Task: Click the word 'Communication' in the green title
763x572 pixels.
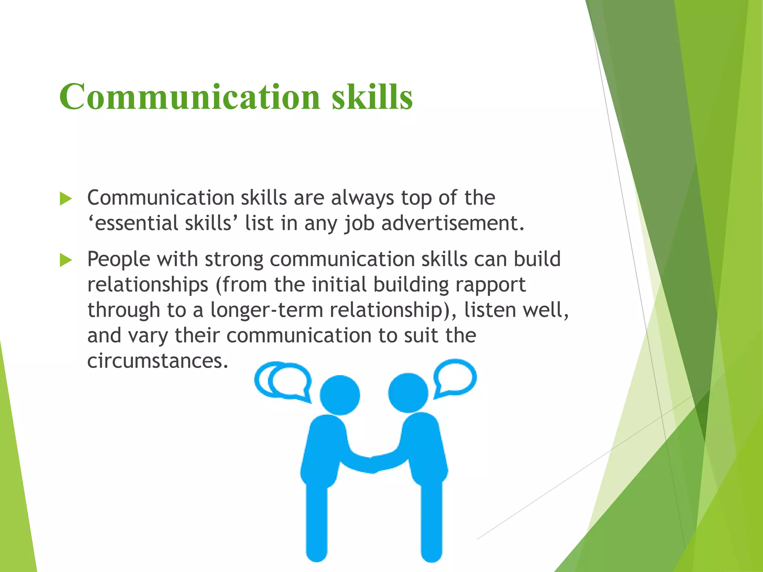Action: pos(190,97)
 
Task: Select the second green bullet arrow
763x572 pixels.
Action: pos(66,260)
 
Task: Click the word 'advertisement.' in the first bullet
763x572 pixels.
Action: pos(453,223)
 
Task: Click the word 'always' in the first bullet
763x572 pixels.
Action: pos(362,198)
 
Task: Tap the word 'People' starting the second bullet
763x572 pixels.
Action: pos(118,259)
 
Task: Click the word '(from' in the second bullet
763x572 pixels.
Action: pos(241,285)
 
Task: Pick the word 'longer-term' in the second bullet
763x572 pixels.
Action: pos(266,310)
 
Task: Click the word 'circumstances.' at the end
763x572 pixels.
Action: pos(158,360)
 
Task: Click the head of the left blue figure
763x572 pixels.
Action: pos(340,395)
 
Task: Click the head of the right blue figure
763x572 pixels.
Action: pos(408,393)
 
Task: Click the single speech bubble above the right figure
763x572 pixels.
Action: pos(456,378)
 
